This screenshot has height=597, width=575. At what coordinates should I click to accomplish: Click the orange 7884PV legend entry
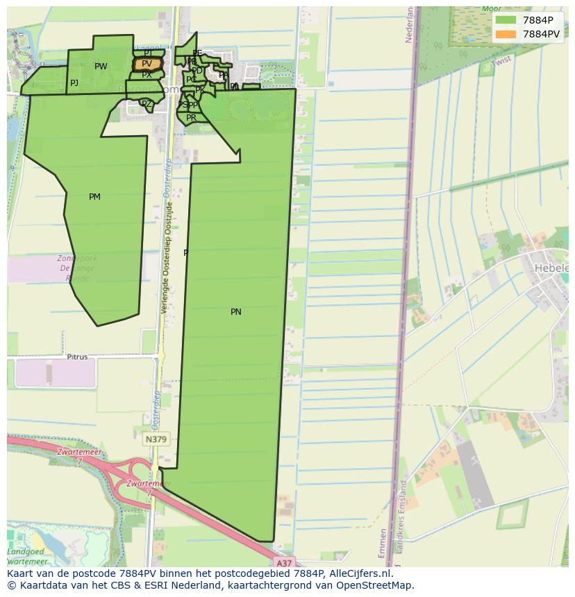528,34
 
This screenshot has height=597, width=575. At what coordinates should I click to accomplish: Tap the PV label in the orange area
147,64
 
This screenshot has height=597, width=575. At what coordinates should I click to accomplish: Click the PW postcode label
101,67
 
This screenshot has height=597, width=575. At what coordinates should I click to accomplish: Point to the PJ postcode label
74,83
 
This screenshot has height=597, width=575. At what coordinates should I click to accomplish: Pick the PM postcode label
94,197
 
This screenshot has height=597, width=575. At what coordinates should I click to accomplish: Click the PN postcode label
236,312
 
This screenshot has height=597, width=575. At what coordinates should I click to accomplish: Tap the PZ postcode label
146,104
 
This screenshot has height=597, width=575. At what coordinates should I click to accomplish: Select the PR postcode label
191,118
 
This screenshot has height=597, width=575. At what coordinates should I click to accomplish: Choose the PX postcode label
147,74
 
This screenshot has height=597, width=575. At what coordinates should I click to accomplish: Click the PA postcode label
224,75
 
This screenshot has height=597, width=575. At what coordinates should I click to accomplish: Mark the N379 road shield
156,440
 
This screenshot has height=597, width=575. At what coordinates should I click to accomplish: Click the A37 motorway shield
283,562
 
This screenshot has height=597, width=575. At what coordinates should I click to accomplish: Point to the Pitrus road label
77,357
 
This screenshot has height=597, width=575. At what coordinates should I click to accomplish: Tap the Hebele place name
551,268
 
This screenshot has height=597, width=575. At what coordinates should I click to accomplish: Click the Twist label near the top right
501,62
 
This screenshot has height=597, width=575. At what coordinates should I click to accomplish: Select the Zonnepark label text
77,259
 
